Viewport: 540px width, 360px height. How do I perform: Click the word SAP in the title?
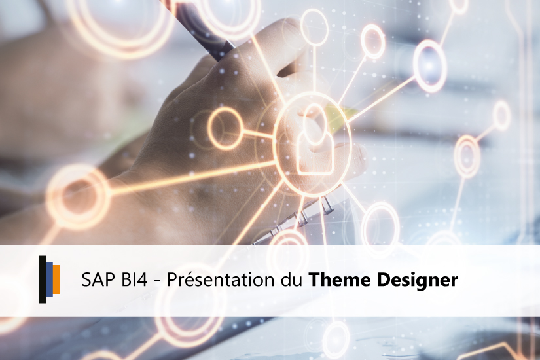pos(97,281)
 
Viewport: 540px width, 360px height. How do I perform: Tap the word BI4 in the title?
pos(136,281)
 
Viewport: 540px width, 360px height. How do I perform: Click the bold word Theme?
pos(335,281)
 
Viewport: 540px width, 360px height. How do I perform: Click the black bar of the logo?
pos(42,279)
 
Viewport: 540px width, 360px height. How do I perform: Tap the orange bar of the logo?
pos(57,279)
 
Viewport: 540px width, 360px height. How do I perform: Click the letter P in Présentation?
pos(172,281)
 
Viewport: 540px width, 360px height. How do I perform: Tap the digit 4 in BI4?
pos(144,281)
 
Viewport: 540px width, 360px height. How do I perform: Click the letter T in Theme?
pos(314,281)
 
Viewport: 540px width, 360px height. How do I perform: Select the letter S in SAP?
pos(86,281)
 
